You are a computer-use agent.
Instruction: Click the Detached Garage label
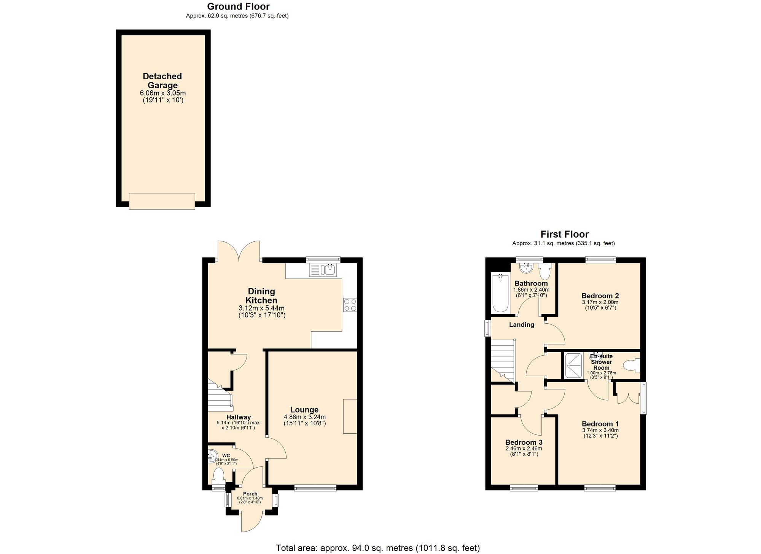162,81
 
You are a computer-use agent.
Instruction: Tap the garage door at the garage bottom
162,201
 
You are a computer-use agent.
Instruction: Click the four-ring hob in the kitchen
350,305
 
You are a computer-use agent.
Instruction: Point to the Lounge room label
304,410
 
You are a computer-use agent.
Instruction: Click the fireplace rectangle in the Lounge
350,416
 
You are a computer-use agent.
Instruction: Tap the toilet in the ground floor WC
218,476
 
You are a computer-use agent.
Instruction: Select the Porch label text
250,494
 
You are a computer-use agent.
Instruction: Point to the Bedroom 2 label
600,296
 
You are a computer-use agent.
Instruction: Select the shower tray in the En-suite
573,366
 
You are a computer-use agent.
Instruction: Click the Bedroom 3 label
524,442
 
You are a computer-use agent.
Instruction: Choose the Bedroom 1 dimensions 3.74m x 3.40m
600,430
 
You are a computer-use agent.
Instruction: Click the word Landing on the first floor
521,325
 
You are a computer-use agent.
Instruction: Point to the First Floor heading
564,234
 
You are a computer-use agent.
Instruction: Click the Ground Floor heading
238,6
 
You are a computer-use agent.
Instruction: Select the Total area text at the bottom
377,548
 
